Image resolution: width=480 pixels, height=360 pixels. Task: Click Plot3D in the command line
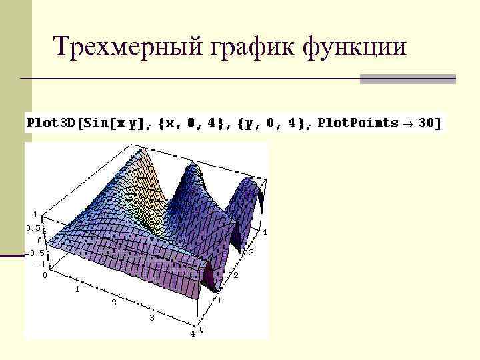click(x=49, y=124)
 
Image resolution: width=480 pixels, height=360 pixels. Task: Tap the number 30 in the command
click(x=427, y=124)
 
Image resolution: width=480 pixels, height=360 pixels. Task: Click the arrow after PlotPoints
click(x=406, y=124)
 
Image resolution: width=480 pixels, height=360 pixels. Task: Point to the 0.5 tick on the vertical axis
click(x=33, y=228)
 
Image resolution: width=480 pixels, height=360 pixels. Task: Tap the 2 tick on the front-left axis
click(x=113, y=303)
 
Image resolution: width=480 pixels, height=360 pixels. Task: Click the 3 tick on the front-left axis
click(x=152, y=318)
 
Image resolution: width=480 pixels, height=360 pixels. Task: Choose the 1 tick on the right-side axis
click(x=221, y=301)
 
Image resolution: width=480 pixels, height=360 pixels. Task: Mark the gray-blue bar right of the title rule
click(x=407, y=79)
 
